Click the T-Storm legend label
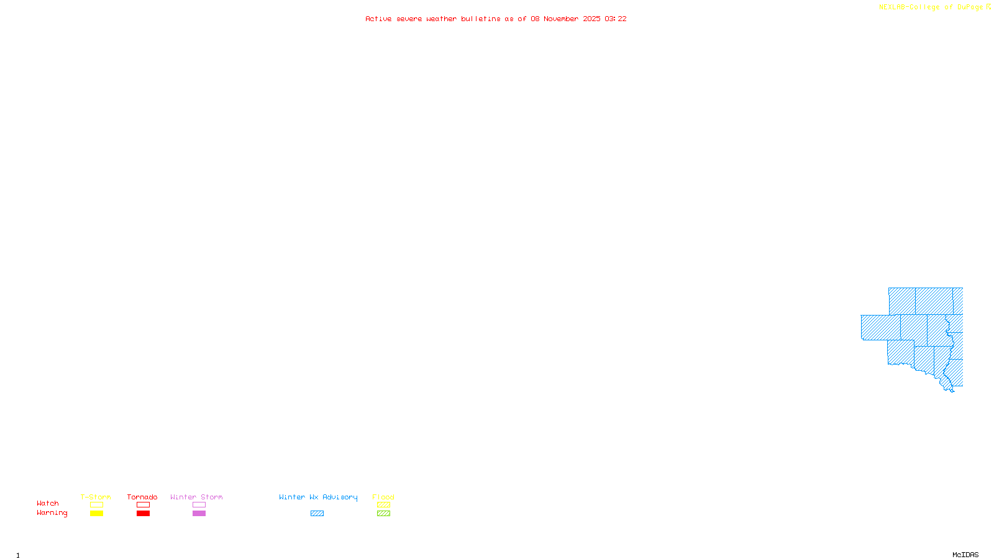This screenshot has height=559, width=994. coord(96,497)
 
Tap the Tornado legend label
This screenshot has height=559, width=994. coord(142,497)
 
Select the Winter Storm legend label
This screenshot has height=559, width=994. coord(196,497)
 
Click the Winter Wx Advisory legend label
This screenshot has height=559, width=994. coord(318,497)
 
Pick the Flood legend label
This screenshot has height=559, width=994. coord(383,497)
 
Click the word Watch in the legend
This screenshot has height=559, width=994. coord(48,503)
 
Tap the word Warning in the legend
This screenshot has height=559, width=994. coord(52,513)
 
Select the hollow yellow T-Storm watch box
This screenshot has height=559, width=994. coord(96,505)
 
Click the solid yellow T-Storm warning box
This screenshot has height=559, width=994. coord(96,514)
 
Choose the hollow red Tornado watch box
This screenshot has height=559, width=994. coord(143,505)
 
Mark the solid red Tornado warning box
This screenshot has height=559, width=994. coord(143,514)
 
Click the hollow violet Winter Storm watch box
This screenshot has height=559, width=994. coord(199,505)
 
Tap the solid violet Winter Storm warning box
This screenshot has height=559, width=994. coord(199,514)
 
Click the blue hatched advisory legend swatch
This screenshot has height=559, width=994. coord(317,514)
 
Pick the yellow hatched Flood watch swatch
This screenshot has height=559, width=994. coord(383,505)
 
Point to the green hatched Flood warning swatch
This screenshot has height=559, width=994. coord(383,514)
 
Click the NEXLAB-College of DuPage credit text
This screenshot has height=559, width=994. coord(931,7)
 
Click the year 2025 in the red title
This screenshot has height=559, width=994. coord(591,19)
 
